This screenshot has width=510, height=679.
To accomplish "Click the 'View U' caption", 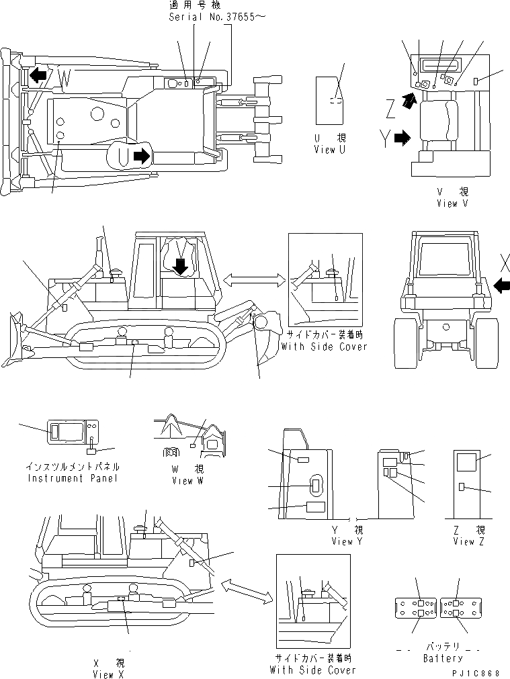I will click(330, 150).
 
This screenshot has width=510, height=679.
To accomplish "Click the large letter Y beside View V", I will click(383, 139).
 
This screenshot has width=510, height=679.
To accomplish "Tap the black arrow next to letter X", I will click(501, 285).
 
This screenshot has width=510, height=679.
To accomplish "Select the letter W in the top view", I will click(65, 77).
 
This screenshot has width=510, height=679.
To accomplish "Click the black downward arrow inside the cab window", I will click(179, 266).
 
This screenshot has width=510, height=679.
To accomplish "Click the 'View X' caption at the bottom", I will click(108, 674).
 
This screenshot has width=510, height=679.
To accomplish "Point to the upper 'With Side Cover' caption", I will click(325, 347).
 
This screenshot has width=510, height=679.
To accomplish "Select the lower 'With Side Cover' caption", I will click(312, 670).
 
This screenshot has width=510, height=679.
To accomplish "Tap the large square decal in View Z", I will click(466, 462).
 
